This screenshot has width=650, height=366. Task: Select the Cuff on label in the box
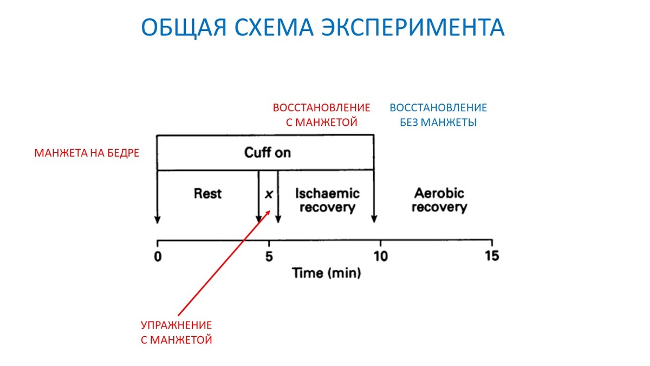coord(267,152)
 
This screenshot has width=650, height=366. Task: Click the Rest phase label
coord(207,194)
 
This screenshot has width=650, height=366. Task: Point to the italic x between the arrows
coord(268,194)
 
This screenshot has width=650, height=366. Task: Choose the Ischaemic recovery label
coord(327,200)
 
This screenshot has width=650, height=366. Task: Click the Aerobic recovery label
coord(439,200)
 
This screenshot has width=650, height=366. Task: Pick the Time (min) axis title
coord(327,273)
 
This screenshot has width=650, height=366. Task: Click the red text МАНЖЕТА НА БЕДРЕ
coord(87,153)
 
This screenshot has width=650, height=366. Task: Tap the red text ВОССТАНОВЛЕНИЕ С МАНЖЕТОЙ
coord(321,114)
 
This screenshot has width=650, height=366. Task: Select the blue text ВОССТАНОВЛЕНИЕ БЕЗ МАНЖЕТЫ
coord(438,114)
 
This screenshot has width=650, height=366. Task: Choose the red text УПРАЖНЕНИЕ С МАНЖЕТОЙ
coord(177,332)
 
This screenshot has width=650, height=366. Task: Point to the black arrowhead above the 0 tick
coord(157,220)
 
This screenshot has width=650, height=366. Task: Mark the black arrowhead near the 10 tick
coord(374,220)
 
